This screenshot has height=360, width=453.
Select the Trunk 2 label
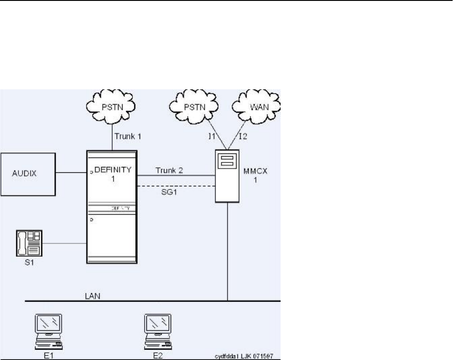pos(168,170)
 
